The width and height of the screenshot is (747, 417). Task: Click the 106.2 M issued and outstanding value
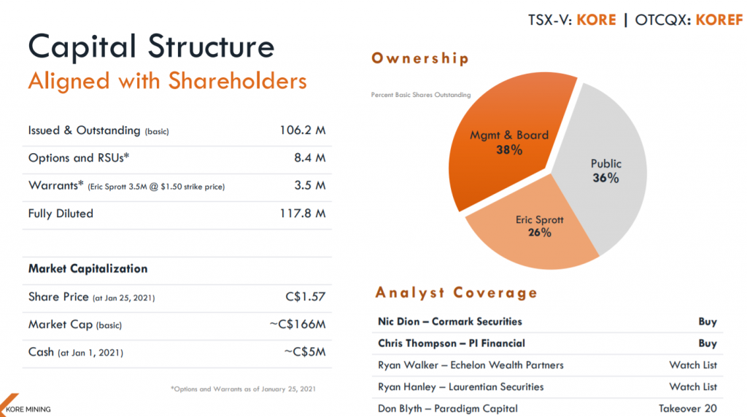click(x=302, y=130)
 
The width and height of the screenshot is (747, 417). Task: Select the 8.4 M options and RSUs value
click(x=309, y=158)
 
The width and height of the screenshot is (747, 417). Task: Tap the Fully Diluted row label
click(x=61, y=214)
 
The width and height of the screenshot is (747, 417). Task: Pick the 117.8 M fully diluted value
click(x=302, y=214)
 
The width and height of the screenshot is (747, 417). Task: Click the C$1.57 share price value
click(x=306, y=297)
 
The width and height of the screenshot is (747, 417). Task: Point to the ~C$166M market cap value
click(x=297, y=324)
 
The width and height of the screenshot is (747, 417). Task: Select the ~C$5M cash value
click(x=303, y=352)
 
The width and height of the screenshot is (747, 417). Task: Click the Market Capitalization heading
click(x=88, y=268)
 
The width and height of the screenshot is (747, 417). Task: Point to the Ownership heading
click(x=420, y=58)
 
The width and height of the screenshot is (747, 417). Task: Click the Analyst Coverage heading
click(x=457, y=293)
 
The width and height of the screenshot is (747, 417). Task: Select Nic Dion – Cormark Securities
click(x=450, y=321)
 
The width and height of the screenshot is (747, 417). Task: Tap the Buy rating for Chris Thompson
click(x=707, y=343)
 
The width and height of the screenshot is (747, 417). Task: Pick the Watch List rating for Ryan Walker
click(x=693, y=365)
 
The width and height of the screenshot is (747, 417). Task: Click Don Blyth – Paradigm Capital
click(x=448, y=408)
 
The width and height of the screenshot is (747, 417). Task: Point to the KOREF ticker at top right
click(x=719, y=20)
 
